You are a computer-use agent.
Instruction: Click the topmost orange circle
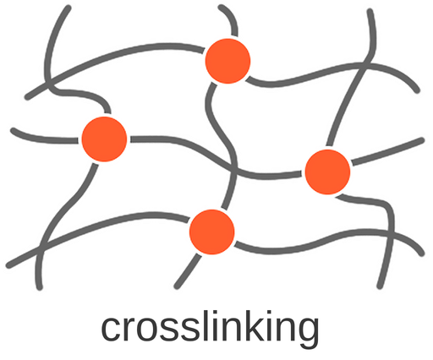point(227,61)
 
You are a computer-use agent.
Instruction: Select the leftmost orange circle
point(104,139)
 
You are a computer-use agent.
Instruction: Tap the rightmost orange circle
point(327,172)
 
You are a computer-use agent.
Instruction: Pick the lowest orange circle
point(212,232)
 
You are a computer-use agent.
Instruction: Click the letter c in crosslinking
point(112,329)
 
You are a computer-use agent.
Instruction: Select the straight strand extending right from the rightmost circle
point(388,151)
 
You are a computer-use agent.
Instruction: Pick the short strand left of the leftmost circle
point(44,137)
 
